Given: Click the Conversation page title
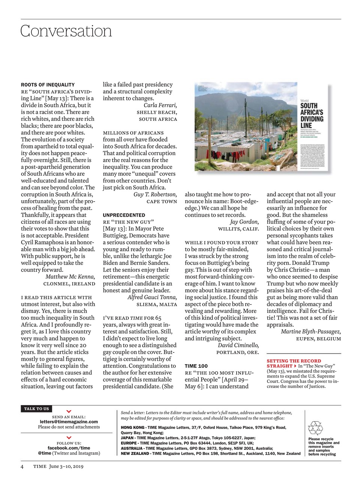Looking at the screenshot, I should point(66,31).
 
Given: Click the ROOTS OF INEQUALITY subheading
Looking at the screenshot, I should point(48,85).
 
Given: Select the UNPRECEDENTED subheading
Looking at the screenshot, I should point(124,215).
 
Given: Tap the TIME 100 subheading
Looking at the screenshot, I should point(196,366).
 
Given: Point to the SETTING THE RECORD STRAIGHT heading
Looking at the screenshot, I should point(294,363).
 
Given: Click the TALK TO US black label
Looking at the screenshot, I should point(36,409).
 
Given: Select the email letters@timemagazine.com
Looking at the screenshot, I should point(69,421).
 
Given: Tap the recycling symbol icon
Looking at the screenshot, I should point(315,428).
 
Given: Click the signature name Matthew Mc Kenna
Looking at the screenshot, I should point(70,277).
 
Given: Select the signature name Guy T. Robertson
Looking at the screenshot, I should point(155,194).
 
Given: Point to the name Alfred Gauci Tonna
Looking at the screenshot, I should point(152,297).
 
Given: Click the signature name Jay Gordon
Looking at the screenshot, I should point(244,222).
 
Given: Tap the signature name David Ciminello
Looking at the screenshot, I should point(238,345).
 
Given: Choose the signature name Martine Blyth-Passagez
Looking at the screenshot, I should point(311,331).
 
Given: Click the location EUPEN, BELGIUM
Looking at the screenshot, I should point(318,339).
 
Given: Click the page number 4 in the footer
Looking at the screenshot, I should point(22,466).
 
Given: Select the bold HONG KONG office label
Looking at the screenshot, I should point(132,427).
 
